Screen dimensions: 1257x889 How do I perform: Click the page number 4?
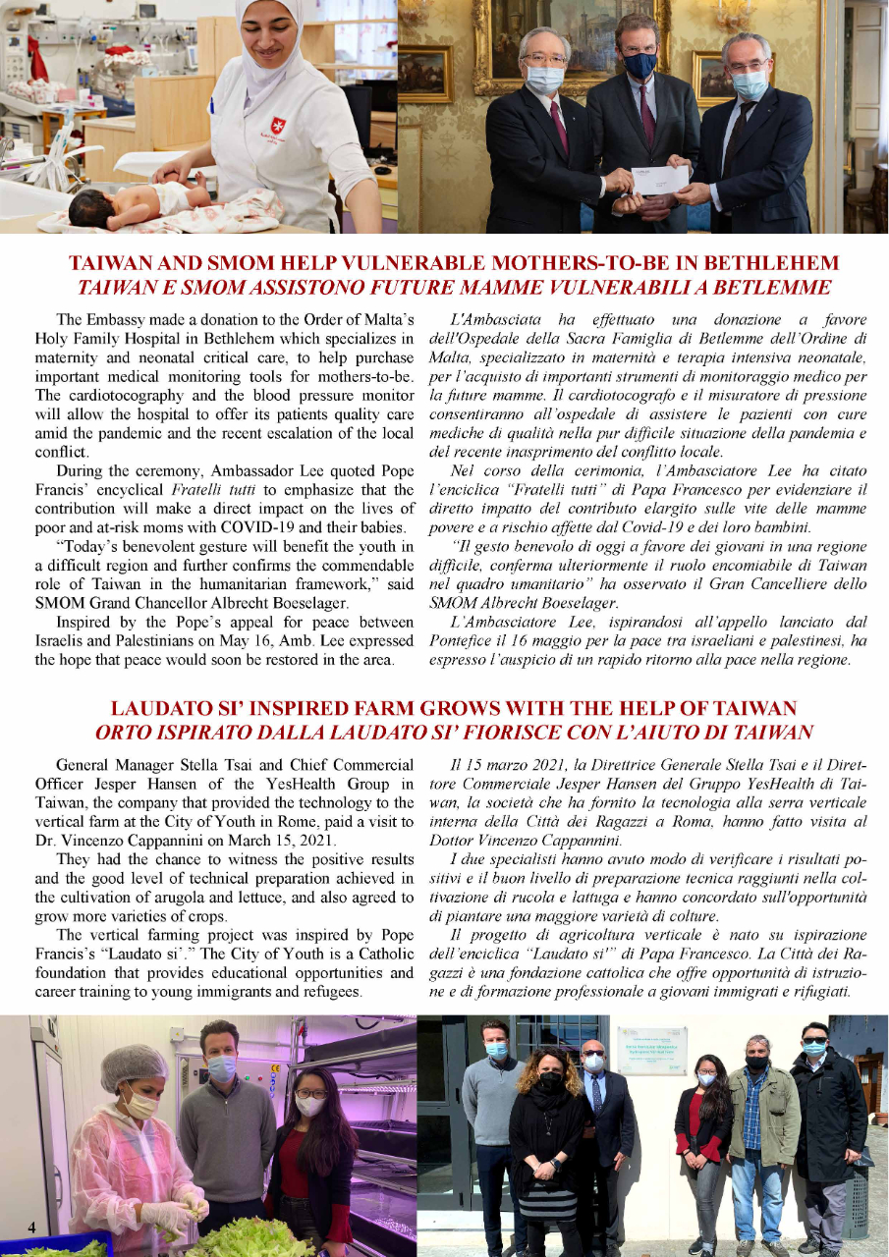pos(31,1228)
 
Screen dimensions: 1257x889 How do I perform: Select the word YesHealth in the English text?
pos(301,783)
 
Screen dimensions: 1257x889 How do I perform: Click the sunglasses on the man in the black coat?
pos(814,1036)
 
